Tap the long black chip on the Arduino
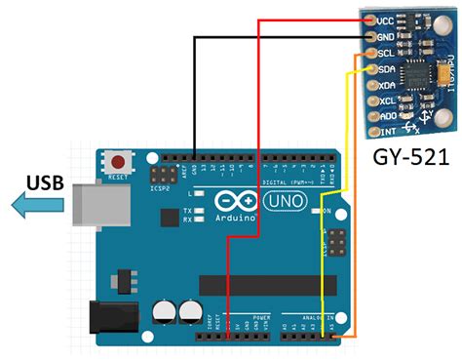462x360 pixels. [271, 285]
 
